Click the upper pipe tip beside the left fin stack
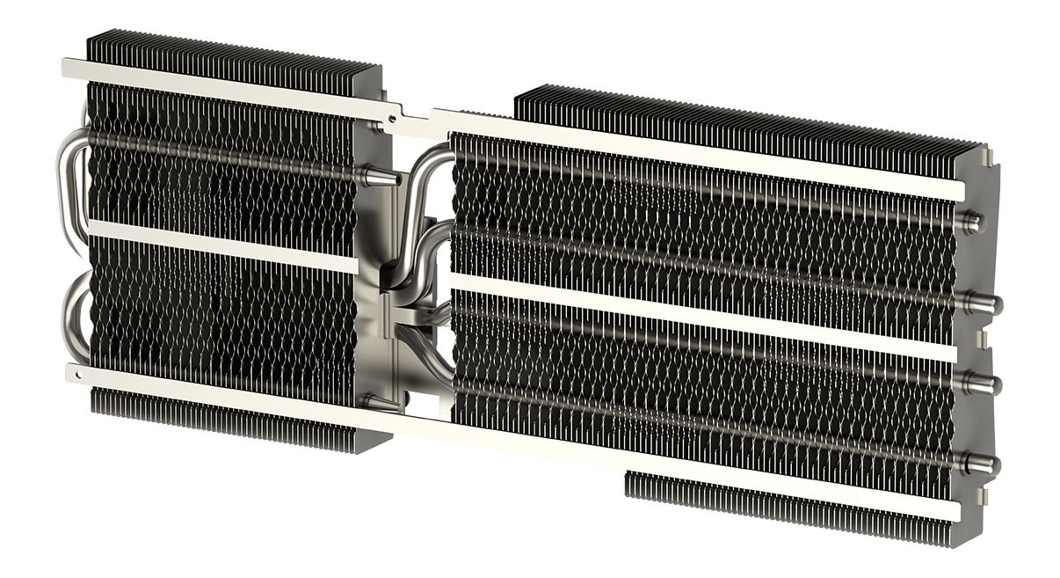click(x=381, y=180)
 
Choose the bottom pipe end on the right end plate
click(x=981, y=457)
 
